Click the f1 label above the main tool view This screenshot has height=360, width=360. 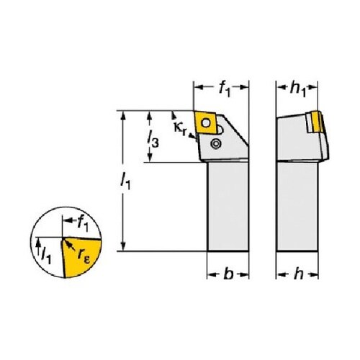pos(225,89)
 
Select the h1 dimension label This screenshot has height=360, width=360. pos(297,89)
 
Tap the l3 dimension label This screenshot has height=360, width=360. pos(153,139)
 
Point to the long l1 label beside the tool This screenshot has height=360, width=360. pos(125,181)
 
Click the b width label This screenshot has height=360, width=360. pos(228,274)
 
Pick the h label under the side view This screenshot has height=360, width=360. pos(298,274)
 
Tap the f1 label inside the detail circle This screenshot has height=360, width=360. pos(83,224)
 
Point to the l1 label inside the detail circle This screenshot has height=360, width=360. pos(46,256)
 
